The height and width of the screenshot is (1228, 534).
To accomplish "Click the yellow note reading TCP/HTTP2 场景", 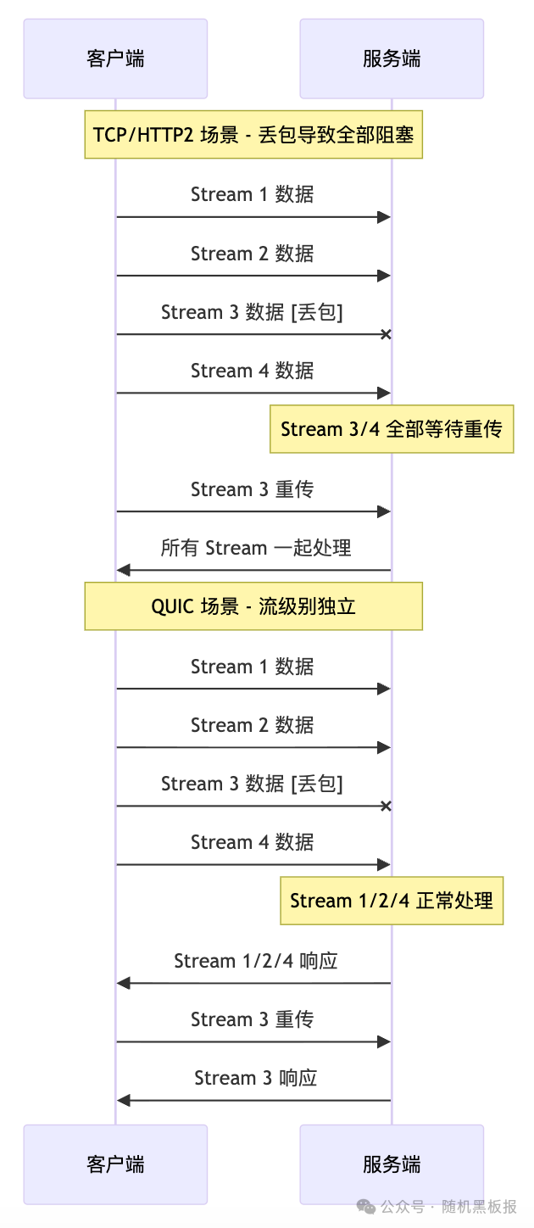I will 253,134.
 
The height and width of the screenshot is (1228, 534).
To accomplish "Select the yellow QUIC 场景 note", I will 253,606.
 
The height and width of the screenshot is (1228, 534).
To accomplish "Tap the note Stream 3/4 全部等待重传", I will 391,429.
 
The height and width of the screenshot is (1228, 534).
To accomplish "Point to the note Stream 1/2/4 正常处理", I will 392,901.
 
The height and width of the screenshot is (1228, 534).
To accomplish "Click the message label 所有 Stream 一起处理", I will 255,548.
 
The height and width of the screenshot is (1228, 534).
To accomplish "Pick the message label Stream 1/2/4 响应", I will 255,961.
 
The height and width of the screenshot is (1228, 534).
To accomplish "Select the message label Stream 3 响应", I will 255,1078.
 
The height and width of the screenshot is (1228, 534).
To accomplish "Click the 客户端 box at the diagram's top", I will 115,59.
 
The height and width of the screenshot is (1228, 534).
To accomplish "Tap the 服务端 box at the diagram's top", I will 392,59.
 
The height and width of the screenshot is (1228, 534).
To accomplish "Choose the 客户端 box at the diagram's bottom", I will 115,1164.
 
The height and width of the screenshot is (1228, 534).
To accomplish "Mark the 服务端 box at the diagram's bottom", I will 392,1164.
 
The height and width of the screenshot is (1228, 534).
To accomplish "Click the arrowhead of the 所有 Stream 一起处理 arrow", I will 123,571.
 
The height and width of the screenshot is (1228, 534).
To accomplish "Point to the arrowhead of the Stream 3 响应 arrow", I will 123,1101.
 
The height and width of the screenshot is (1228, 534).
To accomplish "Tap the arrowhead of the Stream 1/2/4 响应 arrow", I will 123,984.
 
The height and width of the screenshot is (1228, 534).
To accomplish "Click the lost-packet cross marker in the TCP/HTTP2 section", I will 386,335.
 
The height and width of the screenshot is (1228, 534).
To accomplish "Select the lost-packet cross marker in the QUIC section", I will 386,807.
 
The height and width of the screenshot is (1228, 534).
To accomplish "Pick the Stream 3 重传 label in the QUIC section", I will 252,1019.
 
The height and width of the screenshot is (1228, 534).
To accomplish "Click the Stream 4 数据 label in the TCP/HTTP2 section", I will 252,371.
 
